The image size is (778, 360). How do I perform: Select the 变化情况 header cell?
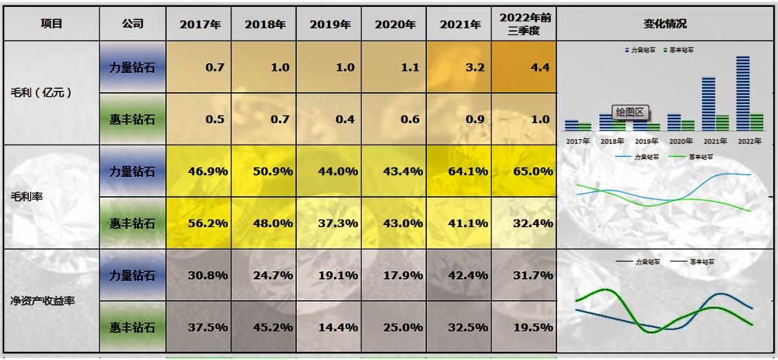tap(665, 24)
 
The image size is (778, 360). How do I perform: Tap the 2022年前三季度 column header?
tap(524, 24)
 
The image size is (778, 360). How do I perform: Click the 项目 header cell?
tap(52, 24)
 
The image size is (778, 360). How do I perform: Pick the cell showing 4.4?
tap(524, 67)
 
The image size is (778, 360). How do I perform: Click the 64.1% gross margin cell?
tap(459, 171)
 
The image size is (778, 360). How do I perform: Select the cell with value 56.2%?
tap(199, 223)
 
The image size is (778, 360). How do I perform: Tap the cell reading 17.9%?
tap(394, 275)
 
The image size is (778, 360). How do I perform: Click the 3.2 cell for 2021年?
tap(459, 67)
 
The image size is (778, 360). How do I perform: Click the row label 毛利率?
tap(28, 197)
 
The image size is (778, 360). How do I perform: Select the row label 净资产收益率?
tap(42, 301)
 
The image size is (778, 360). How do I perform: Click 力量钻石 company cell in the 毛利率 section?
tap(133, 171)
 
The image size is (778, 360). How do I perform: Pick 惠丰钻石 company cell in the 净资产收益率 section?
tap(133, 327)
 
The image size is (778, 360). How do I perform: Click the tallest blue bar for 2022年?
tap(742, 94)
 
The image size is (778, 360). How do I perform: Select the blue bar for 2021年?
tap(708, 103)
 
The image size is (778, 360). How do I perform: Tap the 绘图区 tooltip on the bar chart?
tap(629, 112)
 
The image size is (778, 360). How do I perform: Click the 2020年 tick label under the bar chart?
tap(681, 141)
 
